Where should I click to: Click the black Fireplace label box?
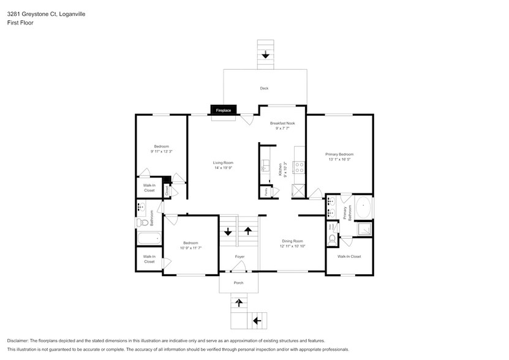pos(222,110)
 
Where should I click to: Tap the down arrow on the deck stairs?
pos(265,55)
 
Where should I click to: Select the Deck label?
pos(264,88)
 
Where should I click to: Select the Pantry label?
pos(266,192)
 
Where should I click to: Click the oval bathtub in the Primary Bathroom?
pos(363,208)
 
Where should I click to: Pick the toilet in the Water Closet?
pos(333,238)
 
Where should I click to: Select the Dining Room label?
pos(292,241)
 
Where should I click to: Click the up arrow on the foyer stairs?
pos(248,231)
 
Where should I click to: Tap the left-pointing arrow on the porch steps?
pos(257,320)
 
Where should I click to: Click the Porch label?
pos(239,283)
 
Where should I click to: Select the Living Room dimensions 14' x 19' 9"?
pos(223,167)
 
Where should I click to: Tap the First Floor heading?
pos(21,23)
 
